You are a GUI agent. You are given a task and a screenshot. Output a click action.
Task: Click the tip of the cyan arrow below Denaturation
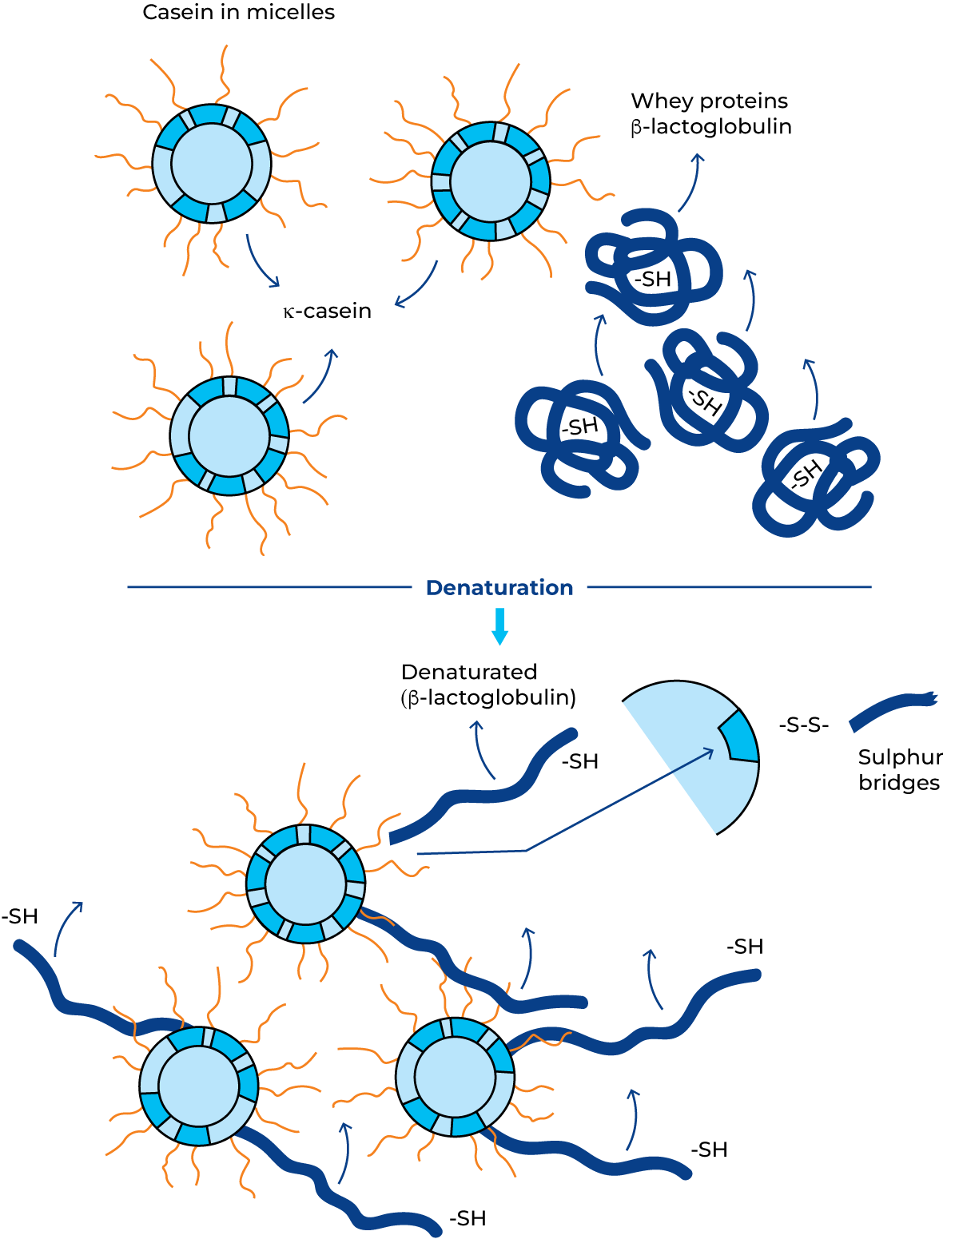(500, 645)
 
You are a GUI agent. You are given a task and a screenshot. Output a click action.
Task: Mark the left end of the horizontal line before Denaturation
(128, 586)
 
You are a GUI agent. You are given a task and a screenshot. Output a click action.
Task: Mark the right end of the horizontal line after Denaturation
(871, 586)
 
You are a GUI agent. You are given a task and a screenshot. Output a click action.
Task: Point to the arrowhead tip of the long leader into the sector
(714, 750)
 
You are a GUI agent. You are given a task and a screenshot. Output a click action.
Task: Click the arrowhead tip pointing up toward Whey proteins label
(698, 154)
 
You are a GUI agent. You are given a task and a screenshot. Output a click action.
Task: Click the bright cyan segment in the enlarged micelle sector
(739, 736)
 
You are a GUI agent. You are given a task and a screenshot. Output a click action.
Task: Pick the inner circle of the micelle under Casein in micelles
(212, 164)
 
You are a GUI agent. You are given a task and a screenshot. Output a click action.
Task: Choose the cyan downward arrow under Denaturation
(500, 626)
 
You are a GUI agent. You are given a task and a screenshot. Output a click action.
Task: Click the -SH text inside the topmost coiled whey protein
(652, 280)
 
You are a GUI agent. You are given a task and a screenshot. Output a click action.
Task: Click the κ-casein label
(328, 312)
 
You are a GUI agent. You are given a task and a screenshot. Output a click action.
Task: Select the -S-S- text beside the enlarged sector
(803, 725)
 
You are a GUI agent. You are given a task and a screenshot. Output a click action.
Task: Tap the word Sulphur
(901, 757)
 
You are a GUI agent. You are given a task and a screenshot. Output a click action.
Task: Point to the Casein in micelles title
(238, 12)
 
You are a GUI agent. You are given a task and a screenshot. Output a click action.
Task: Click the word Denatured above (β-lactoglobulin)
(468, 672)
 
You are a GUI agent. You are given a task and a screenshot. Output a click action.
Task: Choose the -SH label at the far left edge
(19, 916)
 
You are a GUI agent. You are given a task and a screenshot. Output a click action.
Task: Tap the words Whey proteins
(710, 101)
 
